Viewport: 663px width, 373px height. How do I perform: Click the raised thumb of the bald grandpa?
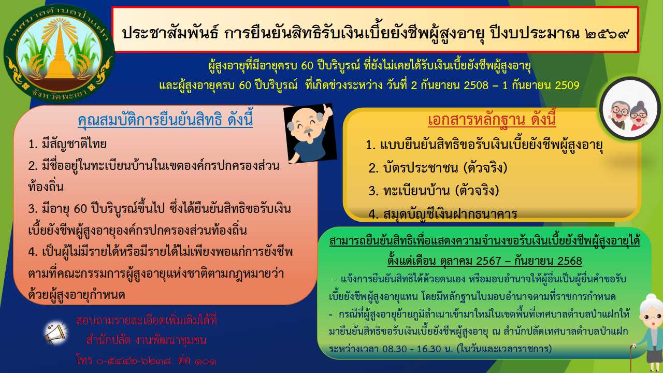coord(328,110)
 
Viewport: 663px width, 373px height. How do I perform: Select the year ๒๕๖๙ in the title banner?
coord(607,33)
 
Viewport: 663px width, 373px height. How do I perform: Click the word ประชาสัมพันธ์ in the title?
coord(170,33)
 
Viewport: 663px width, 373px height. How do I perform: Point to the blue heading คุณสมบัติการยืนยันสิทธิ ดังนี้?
coord(165,120)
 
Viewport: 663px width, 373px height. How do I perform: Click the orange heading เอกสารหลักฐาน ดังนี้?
coord(492,120)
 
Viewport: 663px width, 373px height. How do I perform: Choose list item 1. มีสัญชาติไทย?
coord(67,144)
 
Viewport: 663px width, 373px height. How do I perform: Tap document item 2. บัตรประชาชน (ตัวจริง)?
coord(438,168)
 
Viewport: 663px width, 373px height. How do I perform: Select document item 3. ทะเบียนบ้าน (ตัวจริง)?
coord(434,191)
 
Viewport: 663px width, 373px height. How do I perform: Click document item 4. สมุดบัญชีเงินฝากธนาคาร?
coord(443,214)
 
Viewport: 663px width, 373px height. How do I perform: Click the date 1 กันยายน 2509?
coord(541,85)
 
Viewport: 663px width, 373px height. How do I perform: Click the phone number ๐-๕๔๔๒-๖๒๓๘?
coord(134,361)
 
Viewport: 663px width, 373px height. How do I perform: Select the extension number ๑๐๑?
coord(206,361)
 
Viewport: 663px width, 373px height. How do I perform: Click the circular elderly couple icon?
coord(630,109)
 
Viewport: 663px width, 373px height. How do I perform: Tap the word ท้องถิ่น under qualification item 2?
coord(46,187)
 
